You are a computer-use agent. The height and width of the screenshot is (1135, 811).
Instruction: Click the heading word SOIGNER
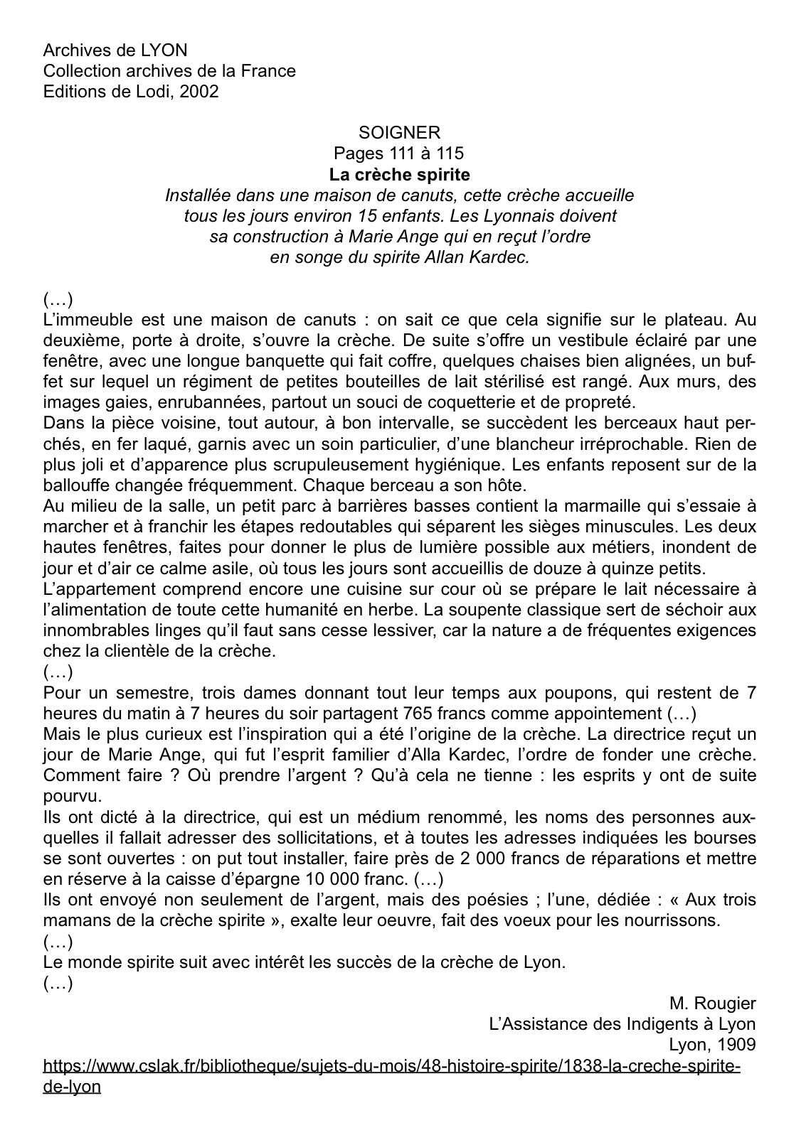pyautogui.click(x=399, y=132)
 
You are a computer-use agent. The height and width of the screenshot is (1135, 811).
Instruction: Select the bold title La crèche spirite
pyautogui.click(x=399, y=174)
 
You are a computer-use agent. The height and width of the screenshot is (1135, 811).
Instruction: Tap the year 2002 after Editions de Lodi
pyautogui.click(x=200, y=92)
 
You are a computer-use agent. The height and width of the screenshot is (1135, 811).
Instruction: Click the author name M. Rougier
pyautogui.click(x=712, y=1004)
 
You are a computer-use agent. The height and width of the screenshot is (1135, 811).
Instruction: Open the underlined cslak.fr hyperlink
pyautogui.click(x=392, y=1067)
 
